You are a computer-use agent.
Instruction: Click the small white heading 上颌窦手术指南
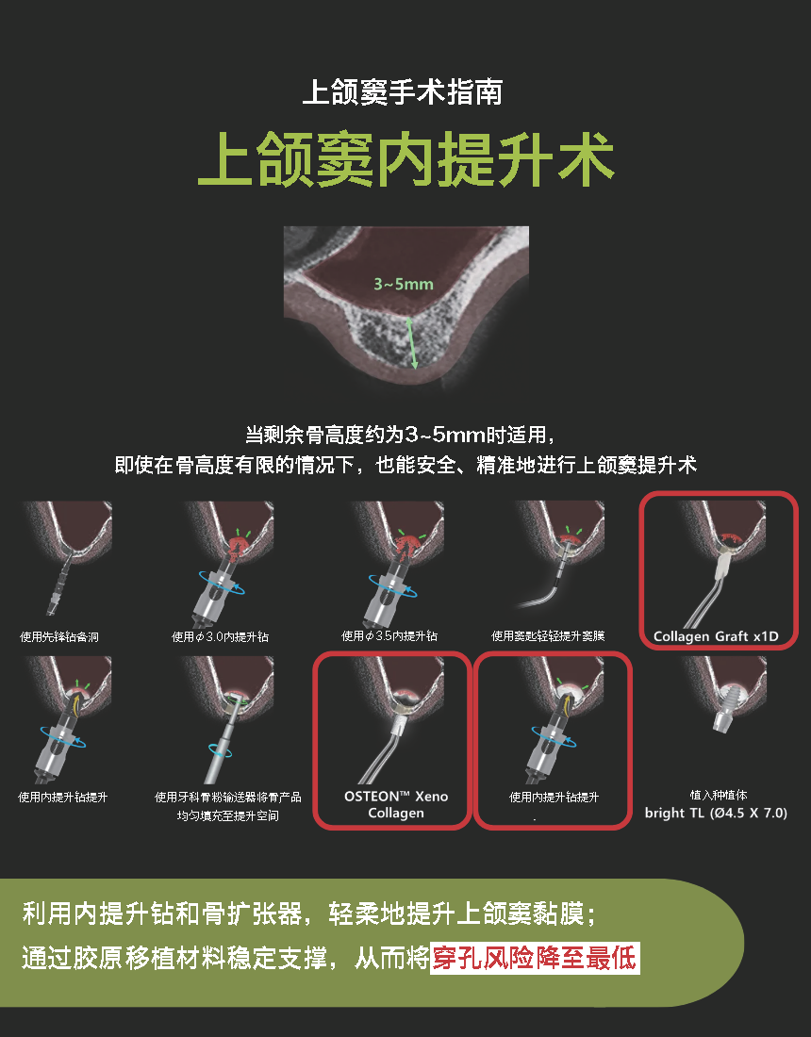click(402, 92)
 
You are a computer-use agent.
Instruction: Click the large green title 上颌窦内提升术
click(406, 158)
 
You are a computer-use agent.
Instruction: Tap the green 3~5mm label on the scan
click(404, 285)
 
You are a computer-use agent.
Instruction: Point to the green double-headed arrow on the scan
click(411, 342)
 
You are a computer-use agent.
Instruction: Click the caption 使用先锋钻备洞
click(59, 637)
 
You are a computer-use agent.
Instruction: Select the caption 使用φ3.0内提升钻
click(221, 637)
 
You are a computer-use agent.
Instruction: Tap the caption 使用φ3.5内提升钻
click(389, 636)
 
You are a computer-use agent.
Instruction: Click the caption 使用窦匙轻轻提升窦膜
click(548, 636)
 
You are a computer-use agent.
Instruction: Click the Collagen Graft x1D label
click(716, 636)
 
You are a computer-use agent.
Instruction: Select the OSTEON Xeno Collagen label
click(395, 804)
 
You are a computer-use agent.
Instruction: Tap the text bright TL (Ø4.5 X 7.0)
click(716, 813)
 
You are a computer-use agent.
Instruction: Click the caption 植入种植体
click(719, 795)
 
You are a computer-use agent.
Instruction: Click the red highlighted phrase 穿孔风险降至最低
click(535, 959)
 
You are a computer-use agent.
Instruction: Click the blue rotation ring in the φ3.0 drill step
click(223, 584)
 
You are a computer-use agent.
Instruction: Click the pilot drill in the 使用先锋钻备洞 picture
click(60, 582)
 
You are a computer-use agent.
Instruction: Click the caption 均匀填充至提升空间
click(227, 816)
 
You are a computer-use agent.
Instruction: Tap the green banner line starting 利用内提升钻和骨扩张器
click(309, 914)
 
